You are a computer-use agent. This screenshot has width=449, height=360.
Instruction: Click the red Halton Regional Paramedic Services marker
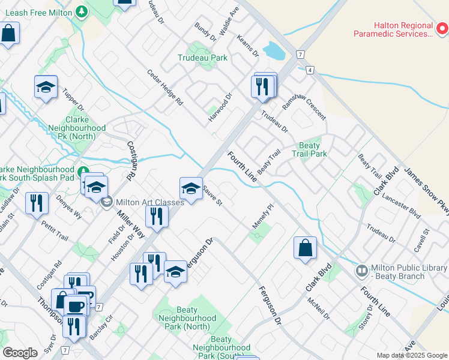pos(442,28)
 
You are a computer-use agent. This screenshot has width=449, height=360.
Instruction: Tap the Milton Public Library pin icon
pos(361,271)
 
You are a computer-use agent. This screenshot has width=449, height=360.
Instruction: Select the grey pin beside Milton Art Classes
pos(107,202)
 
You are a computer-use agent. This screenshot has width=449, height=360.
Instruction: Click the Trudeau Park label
pos(202,58)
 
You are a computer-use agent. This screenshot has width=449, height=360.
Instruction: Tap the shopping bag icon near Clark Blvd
pos(304,248)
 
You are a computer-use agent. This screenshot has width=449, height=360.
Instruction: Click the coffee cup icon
pos(76,305)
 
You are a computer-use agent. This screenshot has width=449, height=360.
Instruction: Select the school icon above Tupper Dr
pos(46,88)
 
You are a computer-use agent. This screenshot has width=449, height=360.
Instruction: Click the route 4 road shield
pos(310,70)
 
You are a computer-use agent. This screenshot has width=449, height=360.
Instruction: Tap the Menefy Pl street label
pos(263,215)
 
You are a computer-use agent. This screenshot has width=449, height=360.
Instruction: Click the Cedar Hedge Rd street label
pos(165,88)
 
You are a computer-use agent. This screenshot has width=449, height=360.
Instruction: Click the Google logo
pos(20,353)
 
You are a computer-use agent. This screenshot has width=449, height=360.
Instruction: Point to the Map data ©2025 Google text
pos(412,355)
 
